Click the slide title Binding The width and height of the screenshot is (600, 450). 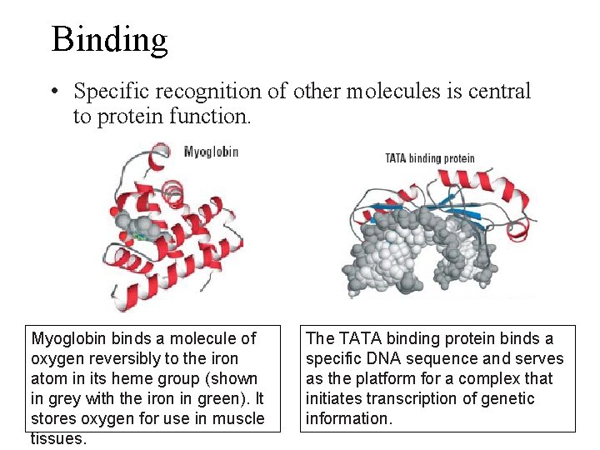[109, 39]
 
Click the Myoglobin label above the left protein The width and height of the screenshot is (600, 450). [211, 152]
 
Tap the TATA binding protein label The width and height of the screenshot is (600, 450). [429, 158]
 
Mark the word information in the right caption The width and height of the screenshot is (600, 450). [347, 418]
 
